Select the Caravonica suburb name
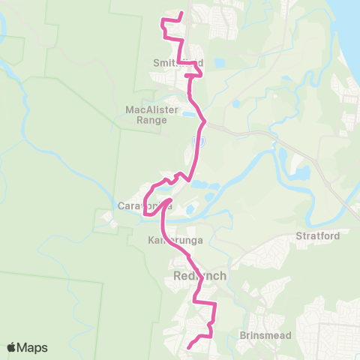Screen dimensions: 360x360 [x=144, y=205]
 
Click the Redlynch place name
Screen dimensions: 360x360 [x=199, y=276]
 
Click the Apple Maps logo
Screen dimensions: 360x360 [x=27, y=347]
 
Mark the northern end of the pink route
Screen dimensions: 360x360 [x=182, y=11]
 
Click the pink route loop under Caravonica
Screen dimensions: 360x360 [x=151, y=214]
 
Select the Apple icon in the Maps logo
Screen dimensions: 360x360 [x=12, y=347]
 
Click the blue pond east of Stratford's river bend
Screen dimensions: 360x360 [x=301, y=173]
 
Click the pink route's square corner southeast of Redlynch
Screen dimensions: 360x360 [x=216, y=304]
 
